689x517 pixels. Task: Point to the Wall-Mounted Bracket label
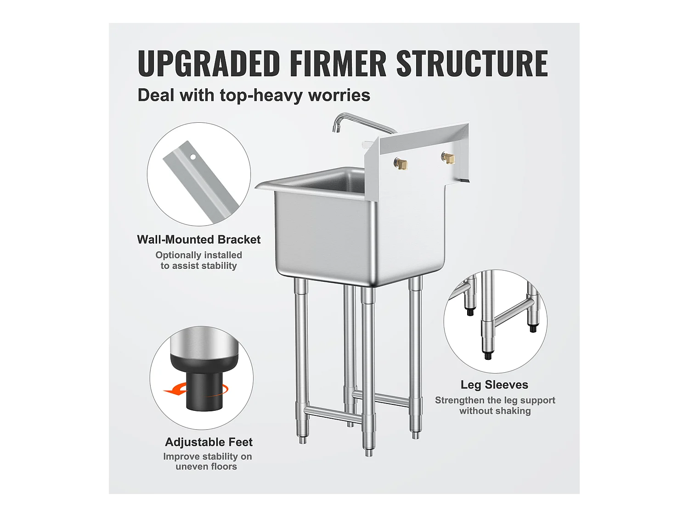pos(199,239)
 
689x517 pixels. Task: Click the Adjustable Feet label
pos(209,442)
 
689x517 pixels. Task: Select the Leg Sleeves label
pos(494,385)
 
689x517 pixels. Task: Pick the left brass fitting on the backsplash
pos(401,163)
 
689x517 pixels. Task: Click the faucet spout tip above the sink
pos(335,129)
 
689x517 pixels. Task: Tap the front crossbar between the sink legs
pos(332,414)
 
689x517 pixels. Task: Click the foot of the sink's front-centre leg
pos(369,452)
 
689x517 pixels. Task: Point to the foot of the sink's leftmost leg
pos(303,440)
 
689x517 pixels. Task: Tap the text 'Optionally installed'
pos(199,255)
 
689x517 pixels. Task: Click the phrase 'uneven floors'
pos(206,466)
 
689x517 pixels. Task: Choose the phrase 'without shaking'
pos(495,411)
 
